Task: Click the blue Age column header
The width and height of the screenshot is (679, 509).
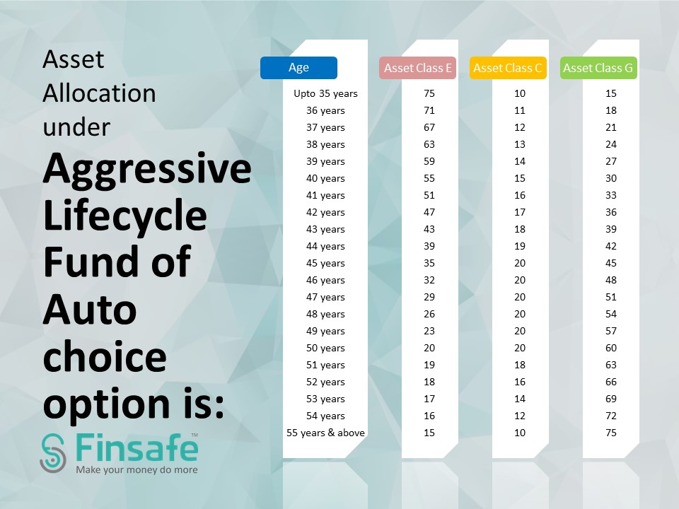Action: click(x=298, y=68)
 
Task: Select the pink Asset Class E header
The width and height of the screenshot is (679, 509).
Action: click(x=417, y=68)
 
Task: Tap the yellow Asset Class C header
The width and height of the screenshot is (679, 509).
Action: click(x=508, y=68)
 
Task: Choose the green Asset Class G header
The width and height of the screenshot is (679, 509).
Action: click(x=598, y=68)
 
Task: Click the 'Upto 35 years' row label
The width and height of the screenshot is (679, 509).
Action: click(x=325, y=93)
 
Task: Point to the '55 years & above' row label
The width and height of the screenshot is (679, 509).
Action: click(x=325, y=433)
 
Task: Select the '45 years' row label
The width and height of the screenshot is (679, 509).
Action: click(x=325, y=263)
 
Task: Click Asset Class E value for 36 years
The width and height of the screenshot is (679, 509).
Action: click(x=429, y=110)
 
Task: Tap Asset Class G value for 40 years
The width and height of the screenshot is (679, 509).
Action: click(x=611, y=178)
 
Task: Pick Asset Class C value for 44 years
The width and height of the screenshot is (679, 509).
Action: click(x=520, y=246)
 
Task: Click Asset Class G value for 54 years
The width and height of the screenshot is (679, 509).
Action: click(x=611, y=416)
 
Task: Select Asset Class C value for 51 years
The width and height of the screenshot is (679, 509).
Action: click(x=520, y=365)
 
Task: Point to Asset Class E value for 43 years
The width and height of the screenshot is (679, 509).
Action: click(x=429, y=229)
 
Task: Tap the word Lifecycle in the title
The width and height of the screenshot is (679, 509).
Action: click(x=124, y=216)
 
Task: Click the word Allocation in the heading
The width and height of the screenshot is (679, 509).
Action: click(x=99, y=93)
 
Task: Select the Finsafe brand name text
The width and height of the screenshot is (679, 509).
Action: click(x=137, y=448)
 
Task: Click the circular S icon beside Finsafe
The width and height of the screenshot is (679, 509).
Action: click(x=53, y=453)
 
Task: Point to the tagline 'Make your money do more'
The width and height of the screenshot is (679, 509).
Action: click(x=137, y=470)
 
